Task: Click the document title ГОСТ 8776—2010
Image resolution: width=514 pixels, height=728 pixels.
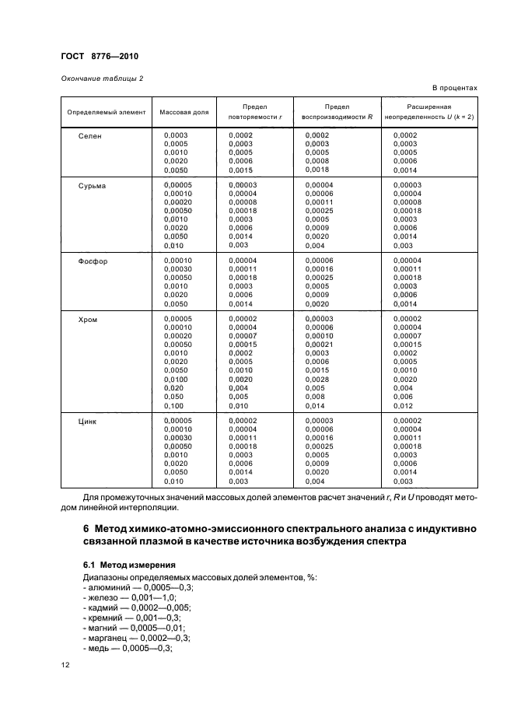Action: coord(100,57)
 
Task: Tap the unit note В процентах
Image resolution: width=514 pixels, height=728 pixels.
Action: coord(453,89)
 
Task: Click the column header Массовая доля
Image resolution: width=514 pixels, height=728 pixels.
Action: coord(184,112)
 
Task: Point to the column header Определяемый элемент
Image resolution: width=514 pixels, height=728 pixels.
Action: coord(107,112)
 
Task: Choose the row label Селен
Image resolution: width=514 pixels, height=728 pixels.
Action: coord(90,136)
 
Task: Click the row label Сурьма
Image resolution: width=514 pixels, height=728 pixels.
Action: coord(93,186)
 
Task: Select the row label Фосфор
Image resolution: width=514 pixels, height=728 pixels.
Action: coord(93,261)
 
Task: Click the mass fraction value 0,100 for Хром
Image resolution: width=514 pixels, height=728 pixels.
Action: coord(175,405)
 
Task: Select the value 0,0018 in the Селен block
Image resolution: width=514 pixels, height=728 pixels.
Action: coord(317,170)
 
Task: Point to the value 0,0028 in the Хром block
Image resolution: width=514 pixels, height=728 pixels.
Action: coord(317,379)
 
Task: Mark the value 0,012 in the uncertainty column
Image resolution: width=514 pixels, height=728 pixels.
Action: coord(404,405)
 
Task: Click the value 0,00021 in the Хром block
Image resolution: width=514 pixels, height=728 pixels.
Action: coord(319,345)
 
